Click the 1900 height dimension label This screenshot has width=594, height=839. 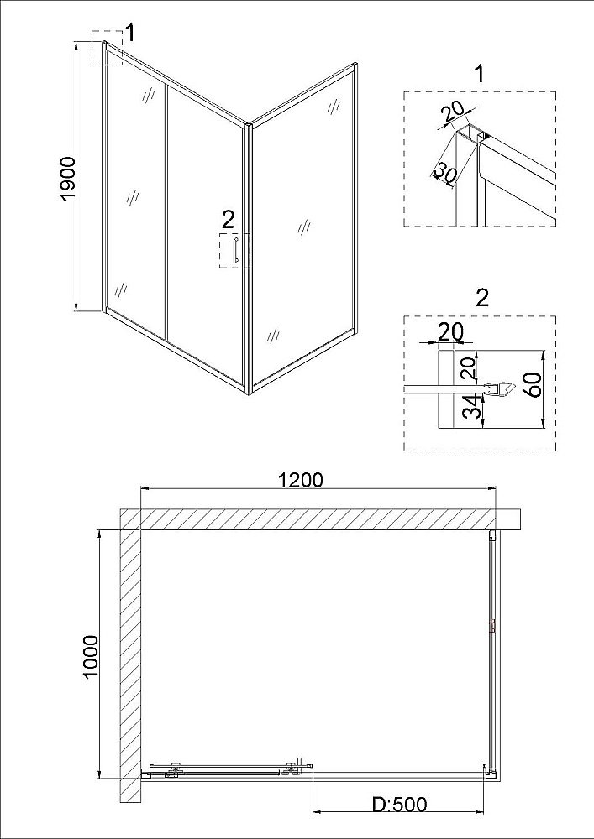tap(68, 177)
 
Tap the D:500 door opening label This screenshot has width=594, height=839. tap(400, 804)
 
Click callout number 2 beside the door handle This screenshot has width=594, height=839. tap(227, 220)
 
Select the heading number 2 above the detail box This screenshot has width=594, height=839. tap(481, 297)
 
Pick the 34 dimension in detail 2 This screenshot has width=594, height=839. tap(474, 409)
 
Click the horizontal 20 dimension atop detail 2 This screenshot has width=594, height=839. tap(451, 331)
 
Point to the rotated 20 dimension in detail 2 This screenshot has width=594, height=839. tap(472, 366)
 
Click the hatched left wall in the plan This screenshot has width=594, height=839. tap(129, 654)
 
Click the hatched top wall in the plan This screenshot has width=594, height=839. tap(319, 519)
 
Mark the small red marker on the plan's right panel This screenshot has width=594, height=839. tap(492, 625)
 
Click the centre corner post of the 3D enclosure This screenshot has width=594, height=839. tap(248, 260)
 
